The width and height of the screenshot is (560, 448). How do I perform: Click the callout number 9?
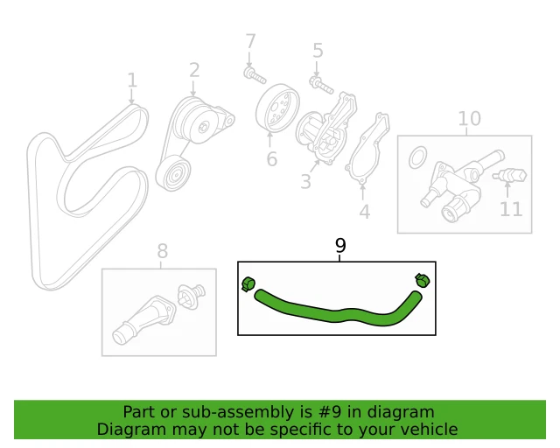coord(340,246)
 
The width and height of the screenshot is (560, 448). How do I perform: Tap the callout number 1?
coord(132,81)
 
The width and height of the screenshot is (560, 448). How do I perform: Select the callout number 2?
coord(194,69)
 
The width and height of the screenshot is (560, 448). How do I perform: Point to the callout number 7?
coord(250,41)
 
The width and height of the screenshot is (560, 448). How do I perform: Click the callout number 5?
coord(318,51)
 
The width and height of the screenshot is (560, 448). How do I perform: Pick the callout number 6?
coord(271,159)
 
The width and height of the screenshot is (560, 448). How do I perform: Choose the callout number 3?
coord(305,182)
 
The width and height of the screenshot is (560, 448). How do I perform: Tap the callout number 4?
coord(364,211)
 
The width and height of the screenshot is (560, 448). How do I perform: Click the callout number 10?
coord(469,118)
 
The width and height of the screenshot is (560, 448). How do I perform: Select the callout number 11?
coord(511,209)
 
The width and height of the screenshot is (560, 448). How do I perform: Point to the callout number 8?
coord(162,252)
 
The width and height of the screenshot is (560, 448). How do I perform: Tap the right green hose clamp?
coord(423,281)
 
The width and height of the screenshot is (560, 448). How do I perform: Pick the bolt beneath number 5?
coord(318,84)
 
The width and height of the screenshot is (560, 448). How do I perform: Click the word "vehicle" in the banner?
coord(427,429)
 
